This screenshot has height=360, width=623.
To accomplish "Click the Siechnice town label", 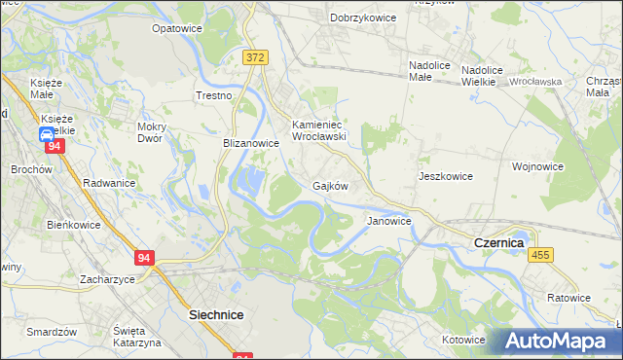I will [215, 315].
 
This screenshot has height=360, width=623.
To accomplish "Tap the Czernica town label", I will [498, 241].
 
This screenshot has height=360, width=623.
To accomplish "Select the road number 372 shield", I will [255, 58].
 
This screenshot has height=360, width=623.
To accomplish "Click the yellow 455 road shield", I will [541, 254].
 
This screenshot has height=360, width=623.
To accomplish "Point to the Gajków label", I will [331, 185].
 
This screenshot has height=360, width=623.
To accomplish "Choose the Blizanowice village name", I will [251, 142].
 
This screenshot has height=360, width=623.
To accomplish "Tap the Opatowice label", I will [177, 28].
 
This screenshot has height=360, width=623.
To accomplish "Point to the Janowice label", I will [388, 221].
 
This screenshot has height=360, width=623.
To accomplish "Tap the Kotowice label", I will [463, 340].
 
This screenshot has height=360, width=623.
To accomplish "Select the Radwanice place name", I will [109, 182].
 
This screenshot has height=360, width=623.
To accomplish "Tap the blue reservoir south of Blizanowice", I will [250, 180].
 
